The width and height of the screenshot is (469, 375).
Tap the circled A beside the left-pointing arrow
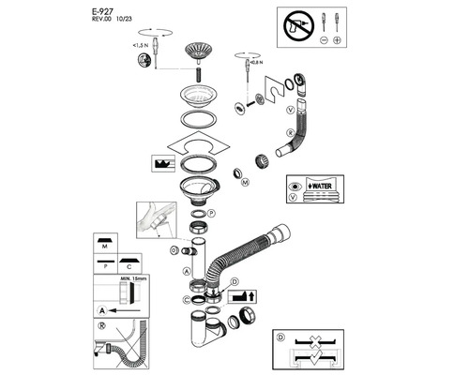point(99,307)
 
